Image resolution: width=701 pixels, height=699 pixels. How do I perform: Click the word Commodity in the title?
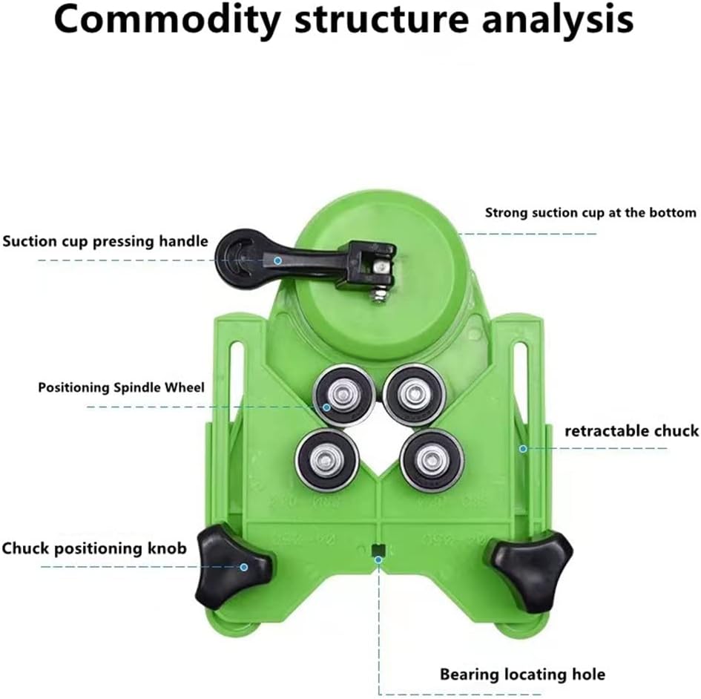167,20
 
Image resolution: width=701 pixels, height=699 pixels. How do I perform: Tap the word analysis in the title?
558,20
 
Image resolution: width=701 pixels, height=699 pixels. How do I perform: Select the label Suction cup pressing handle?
105,241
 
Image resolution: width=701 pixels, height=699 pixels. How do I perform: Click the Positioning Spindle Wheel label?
121,387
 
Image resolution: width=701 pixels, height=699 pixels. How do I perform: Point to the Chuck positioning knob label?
94,548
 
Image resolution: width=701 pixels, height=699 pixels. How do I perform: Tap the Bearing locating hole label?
523,674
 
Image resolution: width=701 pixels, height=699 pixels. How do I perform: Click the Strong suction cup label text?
590,212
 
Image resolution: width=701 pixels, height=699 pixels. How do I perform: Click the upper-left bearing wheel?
344,396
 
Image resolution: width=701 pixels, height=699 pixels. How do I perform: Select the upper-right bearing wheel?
415,394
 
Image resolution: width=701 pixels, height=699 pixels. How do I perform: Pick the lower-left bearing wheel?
327,459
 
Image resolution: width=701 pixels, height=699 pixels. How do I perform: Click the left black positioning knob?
233,566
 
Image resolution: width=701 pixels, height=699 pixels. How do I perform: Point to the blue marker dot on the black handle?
277,260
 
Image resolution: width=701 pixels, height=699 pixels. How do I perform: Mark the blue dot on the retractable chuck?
523,448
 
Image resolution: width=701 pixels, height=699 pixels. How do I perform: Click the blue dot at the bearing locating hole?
378,559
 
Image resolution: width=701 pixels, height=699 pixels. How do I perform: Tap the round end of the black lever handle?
236,260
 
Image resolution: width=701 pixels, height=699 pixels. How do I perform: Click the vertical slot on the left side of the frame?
237,384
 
